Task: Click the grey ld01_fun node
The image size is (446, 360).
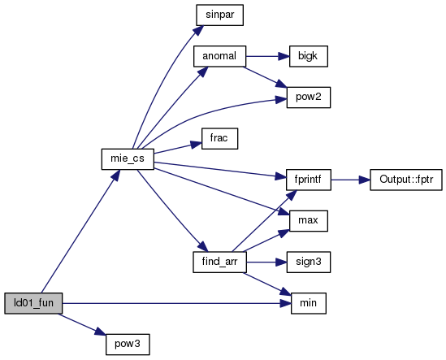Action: (x=33, y=303)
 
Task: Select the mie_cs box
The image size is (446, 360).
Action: (x=128, y=159)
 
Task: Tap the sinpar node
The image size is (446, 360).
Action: (x=219, y=15)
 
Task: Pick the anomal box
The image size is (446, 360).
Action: (x=219, y=56)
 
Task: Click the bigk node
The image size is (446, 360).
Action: (x=309, y=56)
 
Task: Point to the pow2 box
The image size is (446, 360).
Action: (x=309, y=98)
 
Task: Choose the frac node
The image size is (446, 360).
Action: (x=219, y=139)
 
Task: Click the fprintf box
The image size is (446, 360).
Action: (x=309, y=180)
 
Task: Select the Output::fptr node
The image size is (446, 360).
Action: (x=406, y=180)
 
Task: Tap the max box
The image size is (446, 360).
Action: (x=309, y=221)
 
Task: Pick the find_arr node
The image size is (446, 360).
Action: (x=219, y=262)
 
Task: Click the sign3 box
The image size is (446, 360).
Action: (x=309, y=262)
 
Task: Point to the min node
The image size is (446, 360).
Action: (x=309, y=303)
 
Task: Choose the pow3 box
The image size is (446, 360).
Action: (x=128, y=345)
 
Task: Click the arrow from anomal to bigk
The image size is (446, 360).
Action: (x=267, y=56)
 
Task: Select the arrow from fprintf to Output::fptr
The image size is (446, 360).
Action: (x=350, y=180)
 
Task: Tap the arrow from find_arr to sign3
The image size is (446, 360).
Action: (x=266, y=262)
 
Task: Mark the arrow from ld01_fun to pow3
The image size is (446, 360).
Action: (x=82, y=324)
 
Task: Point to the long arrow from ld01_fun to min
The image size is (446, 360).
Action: (x=176, y=303)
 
